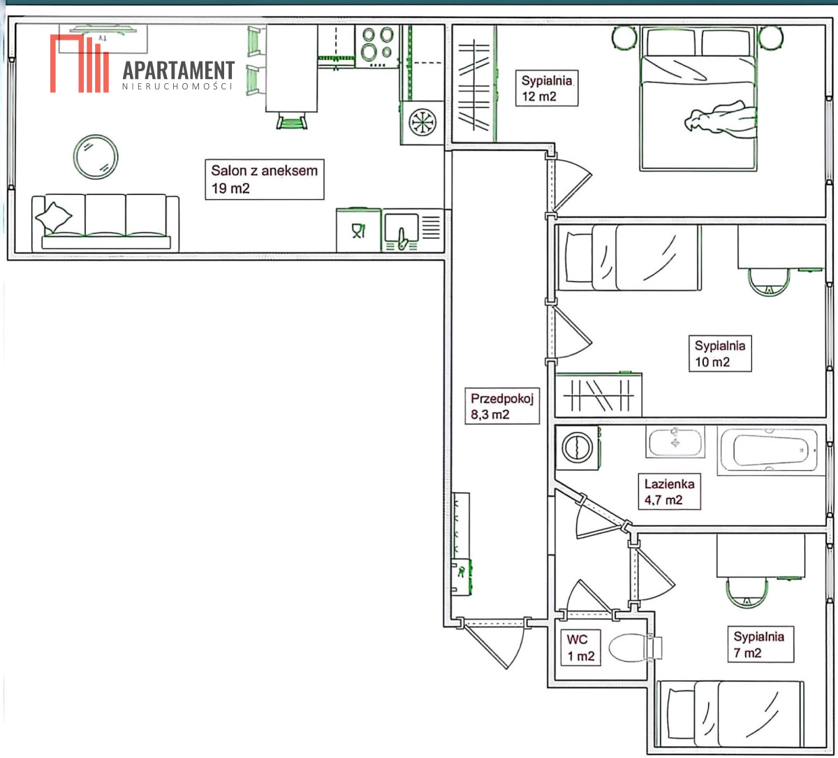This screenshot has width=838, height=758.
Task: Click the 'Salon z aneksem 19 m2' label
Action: (x=264, y=179)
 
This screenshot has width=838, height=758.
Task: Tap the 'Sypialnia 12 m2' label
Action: (x=546, y=88)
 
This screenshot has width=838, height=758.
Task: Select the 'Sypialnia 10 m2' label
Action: (x=720, y=354)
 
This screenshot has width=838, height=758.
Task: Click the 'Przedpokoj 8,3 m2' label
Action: (x=502, y=406)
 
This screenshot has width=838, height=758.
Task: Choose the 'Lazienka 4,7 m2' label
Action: (x=669, y=491)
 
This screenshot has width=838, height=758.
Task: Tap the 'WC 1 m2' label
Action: (x=580, y=647)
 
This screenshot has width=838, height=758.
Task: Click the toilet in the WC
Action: (x=635, y=648)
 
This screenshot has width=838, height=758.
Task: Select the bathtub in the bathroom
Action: (x=771, y=450)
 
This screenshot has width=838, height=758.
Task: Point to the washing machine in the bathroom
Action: (x=578, y=447)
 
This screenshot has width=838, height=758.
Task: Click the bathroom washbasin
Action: (x=675, y=442)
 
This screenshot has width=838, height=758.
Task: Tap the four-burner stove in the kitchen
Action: (x=377, y=46)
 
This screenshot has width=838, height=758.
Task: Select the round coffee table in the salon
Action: (x=96, y=156)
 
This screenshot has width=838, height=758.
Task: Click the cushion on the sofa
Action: (x=54, y=217)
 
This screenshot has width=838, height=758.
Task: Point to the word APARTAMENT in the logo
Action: (x=178, y=71)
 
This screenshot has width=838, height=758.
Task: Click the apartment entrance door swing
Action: (x=494, y=645)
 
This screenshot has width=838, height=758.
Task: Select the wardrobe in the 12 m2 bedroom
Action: (x=475, y=84)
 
